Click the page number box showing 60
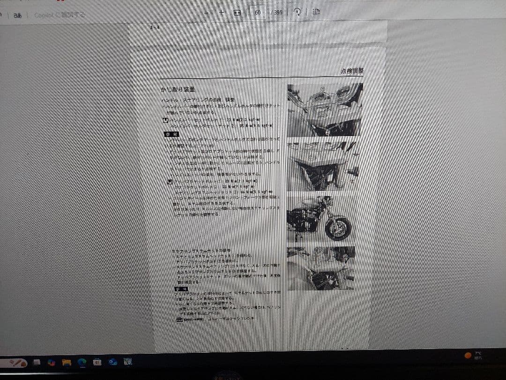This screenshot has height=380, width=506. [x=258, y=13]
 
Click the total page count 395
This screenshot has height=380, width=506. [x=277, y=13]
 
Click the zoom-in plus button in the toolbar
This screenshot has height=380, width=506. [x=222, y=13]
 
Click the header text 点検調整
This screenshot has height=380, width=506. [x=352, y=71]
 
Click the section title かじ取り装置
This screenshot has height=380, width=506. [x=178, y=90]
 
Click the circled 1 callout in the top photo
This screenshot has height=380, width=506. [x=323, y=89]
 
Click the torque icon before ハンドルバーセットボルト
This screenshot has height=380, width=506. [x=165, y=120]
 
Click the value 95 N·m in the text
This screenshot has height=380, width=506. [x=243, y=126]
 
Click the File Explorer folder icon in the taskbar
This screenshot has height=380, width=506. [x=67, y=362]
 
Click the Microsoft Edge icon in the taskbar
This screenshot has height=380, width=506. [x=82, y=362]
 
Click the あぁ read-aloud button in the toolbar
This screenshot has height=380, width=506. [x=18, y=15]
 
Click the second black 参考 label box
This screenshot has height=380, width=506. [x=181, y=289]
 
